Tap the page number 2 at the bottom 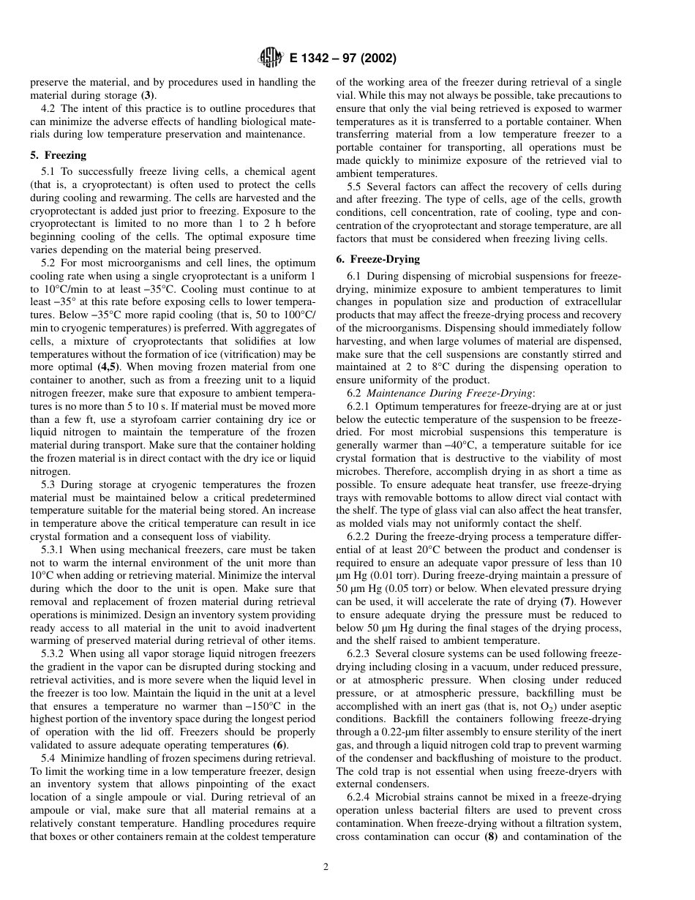pos(326,867)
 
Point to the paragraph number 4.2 pos(50,108)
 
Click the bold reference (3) pos(148,95)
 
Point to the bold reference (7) pos(568,601)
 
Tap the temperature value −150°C pos(271,706)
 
